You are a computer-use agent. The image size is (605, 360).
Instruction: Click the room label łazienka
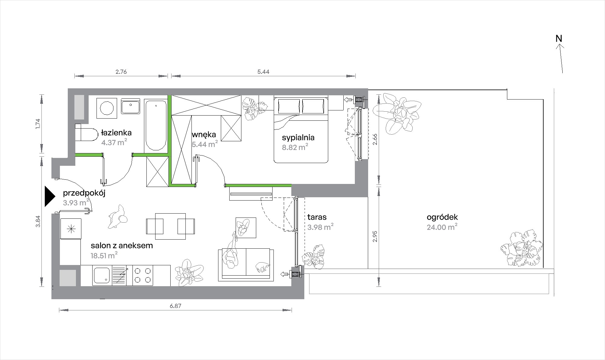click(x=116, y=133)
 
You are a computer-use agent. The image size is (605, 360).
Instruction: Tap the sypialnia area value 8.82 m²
click(x=295, y=147)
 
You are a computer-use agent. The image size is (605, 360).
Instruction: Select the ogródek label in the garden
click(x=442, y=217)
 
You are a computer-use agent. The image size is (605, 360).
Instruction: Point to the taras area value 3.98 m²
click(x=320, y=227)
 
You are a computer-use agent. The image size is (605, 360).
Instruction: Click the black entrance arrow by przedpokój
click(x=49, y=196)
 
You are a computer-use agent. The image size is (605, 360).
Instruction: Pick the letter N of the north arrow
click(x=559, y=39)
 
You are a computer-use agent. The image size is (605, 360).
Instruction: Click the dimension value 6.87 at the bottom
click(x=175, y=306)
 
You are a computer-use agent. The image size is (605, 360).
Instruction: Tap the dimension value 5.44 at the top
click(x=263, y=72)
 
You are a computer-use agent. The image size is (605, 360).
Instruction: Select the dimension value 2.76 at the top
click(x=121, y=72)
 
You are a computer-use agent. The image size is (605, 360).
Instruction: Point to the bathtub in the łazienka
click(x=156, y=126)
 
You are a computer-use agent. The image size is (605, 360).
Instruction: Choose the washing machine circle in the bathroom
click(x=106, y=108)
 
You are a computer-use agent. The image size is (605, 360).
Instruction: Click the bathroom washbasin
click(x=130, y=106)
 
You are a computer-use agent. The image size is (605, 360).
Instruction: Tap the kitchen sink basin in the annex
click(x=102, y=275)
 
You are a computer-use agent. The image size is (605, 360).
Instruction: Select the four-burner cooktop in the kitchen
click(x=142, y=275)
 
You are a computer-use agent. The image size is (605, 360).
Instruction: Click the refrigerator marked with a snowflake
click(x=71, y=229)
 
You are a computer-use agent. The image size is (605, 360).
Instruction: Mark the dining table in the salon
click(x=171, y=226)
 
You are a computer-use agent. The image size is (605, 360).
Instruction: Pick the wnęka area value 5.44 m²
click(x=205, y=144)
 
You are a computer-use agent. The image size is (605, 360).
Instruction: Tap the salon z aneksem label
click(x=122, y=245)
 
